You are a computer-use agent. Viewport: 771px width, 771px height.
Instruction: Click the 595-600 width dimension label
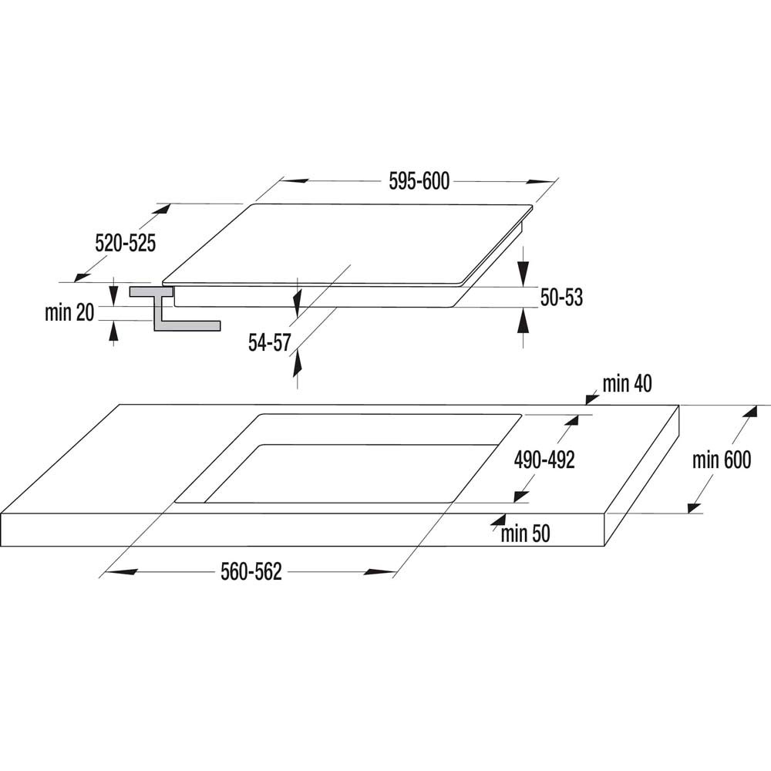point(419,181)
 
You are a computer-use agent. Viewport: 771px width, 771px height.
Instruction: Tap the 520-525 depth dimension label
point(125,244)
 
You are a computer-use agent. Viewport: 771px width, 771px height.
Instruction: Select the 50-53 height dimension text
point(561,298)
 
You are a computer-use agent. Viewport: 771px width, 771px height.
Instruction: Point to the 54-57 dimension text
point(269,343)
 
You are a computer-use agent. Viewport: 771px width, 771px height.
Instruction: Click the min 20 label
point(69,313)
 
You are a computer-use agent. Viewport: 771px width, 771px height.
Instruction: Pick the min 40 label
point(628,383)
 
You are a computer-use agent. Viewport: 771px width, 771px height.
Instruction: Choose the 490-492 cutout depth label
point(544,460)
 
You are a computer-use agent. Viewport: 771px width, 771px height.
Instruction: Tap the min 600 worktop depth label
point(722,460)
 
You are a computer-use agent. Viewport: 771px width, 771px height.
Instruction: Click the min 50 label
point(525,534)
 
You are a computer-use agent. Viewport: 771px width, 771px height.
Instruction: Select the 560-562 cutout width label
point(251,572)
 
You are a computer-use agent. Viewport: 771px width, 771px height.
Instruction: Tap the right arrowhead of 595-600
point(540,182)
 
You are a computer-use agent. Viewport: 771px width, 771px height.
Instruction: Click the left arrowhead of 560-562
point(120,572)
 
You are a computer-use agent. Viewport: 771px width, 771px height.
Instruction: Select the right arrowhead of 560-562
point(380,572)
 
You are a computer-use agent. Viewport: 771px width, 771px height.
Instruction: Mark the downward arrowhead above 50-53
point(524,273)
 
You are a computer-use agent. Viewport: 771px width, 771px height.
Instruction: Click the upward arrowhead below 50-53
point(524,321)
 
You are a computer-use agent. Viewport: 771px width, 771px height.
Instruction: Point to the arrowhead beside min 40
point(591,399)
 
